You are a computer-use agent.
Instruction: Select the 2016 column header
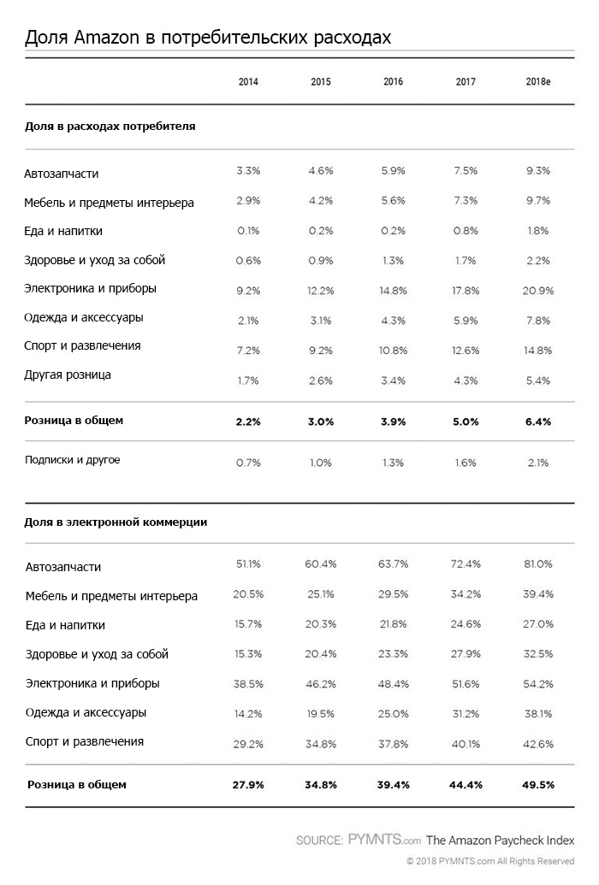(394, 82)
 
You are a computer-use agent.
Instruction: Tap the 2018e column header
(538, 82)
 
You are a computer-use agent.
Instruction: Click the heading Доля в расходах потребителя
(110, 126)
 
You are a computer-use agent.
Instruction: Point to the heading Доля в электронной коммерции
(116, 520)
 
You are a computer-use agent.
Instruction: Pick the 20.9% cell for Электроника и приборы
(538, 291)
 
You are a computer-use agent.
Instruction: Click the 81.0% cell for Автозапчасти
(538, 564)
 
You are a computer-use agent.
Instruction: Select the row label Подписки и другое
(72, 460)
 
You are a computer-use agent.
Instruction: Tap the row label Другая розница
(68, 375)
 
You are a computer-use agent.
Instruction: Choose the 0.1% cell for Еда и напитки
(248, 231)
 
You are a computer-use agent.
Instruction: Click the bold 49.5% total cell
(538, 785)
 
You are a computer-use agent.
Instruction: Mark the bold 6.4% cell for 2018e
(538, 421)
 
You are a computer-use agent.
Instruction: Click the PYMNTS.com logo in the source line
(384, 840)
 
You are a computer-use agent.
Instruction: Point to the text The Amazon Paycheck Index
(500, 840)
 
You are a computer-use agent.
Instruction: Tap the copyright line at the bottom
(489, 861)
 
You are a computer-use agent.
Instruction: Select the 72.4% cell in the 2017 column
(466, 564)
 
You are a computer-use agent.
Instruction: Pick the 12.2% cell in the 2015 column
(321, 291)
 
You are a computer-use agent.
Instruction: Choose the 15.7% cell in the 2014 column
(248, 624)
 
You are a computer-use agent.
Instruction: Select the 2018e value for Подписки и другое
(538, 463)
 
